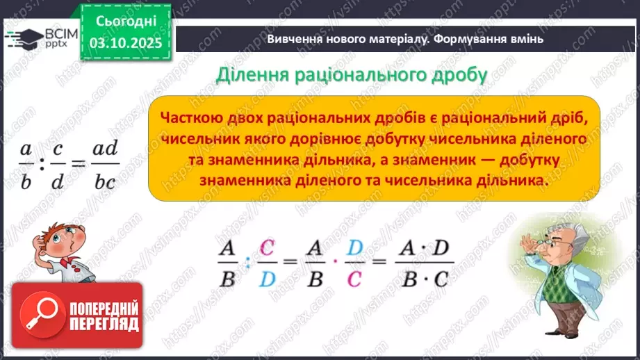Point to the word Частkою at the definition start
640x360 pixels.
point(191,119)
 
